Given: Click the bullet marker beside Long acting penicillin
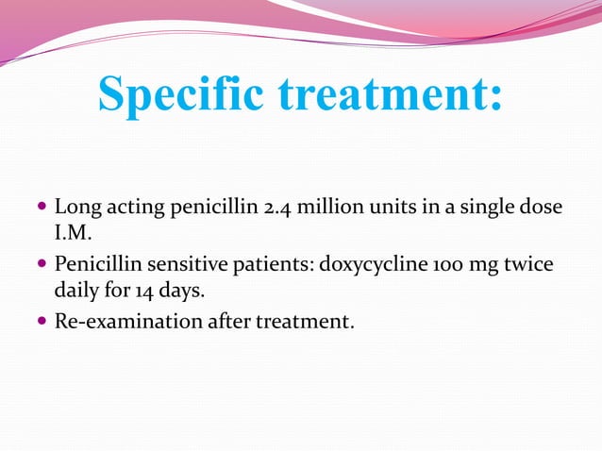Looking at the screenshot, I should coord(43,207).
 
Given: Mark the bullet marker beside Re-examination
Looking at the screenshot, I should coord(43,322).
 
